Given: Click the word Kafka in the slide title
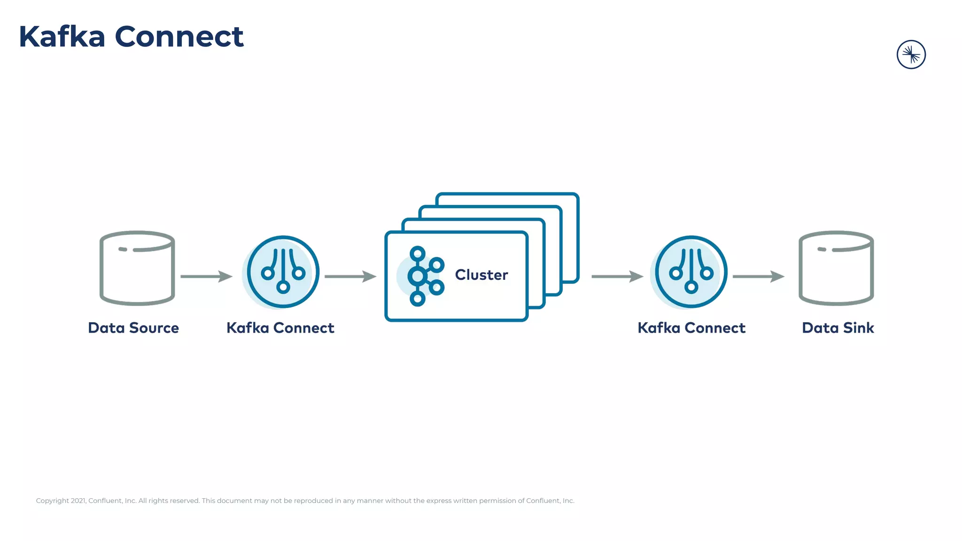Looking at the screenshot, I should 62,37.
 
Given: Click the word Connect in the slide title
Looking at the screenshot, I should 179,37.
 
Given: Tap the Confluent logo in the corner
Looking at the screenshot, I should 911,54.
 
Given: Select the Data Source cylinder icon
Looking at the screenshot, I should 137,268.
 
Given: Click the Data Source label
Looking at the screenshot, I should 133,328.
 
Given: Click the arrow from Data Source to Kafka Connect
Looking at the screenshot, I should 206,277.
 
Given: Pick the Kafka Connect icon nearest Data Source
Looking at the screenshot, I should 283,272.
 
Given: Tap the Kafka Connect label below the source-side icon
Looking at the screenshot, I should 280,328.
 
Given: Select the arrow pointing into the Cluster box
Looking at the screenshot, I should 350,277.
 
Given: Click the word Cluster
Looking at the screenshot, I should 481,275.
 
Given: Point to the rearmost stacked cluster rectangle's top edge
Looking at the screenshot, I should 507,194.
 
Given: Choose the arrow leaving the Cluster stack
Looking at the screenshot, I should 617,277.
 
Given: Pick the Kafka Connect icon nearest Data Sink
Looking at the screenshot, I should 691,272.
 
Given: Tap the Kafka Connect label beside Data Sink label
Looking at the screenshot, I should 691,328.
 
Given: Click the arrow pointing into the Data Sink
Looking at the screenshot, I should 758,277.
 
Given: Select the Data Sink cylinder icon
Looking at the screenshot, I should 836,268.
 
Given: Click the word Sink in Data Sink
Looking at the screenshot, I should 858,328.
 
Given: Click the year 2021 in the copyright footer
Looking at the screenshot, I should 78,501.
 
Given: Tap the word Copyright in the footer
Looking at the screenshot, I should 52,501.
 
